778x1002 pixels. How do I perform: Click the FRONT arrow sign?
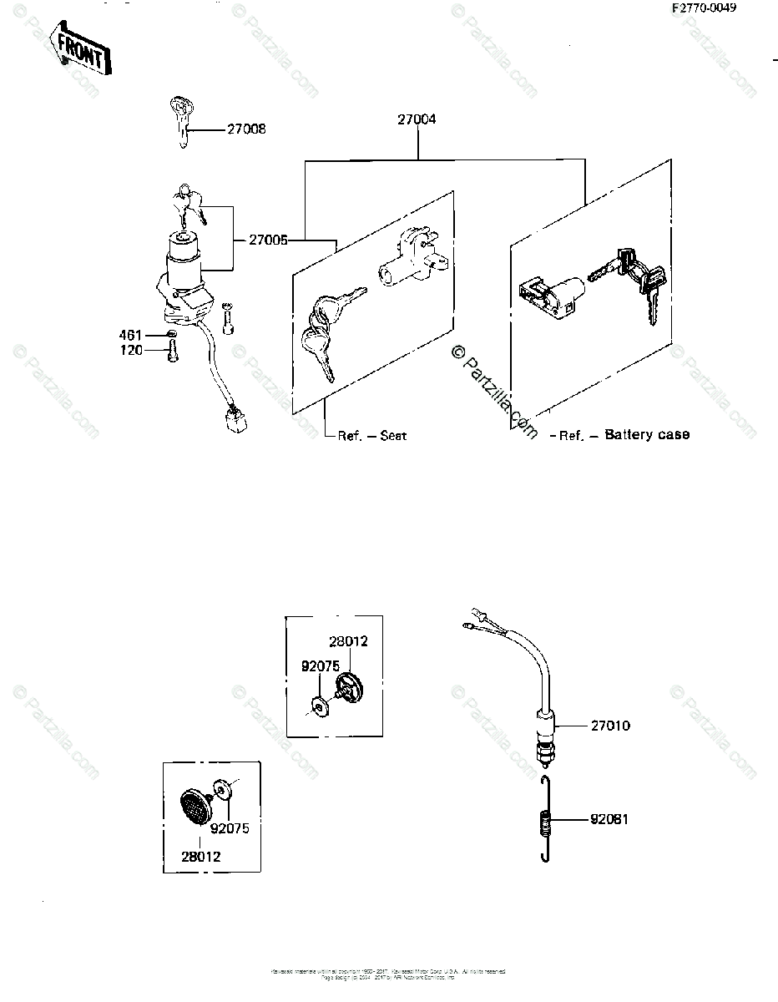(x=80, y=49)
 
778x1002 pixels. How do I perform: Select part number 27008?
(x=245, y=129)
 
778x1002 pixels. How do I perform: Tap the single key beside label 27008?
(x=181, y=122)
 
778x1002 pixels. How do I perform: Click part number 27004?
(x=416, y=120)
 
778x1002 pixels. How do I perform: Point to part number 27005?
(x=268, y=240)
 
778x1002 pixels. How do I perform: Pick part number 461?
(x=131, y=334)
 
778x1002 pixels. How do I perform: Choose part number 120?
(x=131, y=350)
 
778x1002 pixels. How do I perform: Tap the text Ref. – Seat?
(x=372, y=436)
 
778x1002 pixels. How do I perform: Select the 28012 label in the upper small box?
(x=348, y=641)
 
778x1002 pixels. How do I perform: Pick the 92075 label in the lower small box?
(x=229, y=829)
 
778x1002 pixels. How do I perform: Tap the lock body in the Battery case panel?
(x=547, y=296)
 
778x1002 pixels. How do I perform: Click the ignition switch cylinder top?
(x=183, y=241)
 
